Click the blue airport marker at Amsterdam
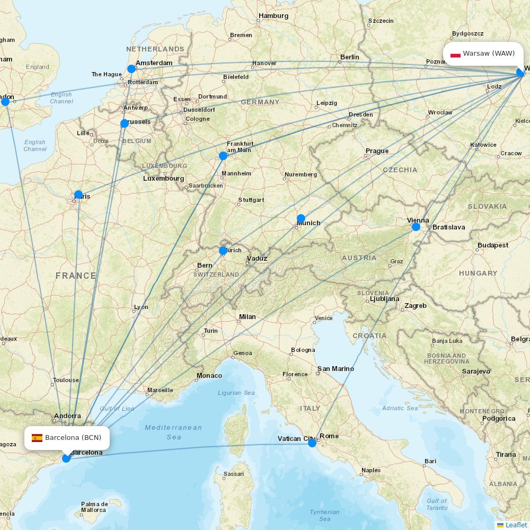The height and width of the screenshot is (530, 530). pos(131,69)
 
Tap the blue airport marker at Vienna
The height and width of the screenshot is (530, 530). pos(416,227)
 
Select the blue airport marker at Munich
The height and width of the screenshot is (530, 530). pos(301,218)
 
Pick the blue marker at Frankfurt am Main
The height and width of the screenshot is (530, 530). pos(223,156)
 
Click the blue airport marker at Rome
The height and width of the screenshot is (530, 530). pos(312,443)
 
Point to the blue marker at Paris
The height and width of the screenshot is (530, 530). pos(78,195)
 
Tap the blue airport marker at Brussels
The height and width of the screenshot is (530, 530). pos(125,123)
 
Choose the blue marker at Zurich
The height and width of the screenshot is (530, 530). pos(223,250)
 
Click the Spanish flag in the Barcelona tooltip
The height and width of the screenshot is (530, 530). pos(37,438)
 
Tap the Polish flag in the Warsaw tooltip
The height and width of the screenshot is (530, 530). pos(455,54)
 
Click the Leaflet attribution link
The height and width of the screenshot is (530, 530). pos(516,525)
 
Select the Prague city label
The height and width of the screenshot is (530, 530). pos(377,151)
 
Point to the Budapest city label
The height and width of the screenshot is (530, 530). pos(492,245)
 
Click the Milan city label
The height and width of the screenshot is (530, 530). pos(247,317)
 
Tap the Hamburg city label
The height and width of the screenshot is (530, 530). pos(273,16)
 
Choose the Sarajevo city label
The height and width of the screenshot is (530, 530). pos(475,372)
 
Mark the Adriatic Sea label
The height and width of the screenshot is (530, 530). pos(400,408)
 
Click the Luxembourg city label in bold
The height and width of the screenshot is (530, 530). pos(163,179)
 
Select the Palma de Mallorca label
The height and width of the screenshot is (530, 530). pos(94,507)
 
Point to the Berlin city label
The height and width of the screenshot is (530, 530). pos(349,57)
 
